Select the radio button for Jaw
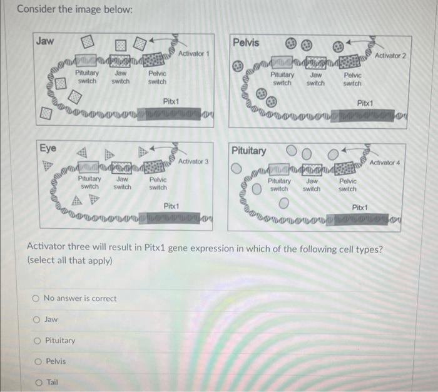[36, 319]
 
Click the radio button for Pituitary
[36, 341]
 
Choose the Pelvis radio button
[36, 361]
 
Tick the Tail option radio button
[36, 383]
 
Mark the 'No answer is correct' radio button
[36, 298]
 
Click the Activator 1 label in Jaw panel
[193, 54]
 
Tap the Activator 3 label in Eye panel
[193, 161]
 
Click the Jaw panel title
[44, 41]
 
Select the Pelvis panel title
[247, 43]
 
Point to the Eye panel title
[48, 148]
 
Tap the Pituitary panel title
[248, 151]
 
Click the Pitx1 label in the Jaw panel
[171, 101]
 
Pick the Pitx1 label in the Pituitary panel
[360, 208]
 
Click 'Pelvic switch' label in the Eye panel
[158, 183]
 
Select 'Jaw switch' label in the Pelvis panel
[315, 79]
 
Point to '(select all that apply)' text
[69, 261]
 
